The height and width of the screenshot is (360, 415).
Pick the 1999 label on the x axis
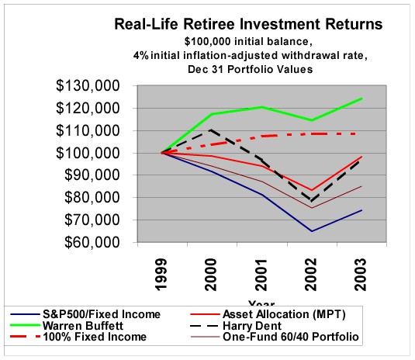click(x=161, y=275)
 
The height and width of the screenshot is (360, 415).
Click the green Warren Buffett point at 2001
click(x=260, y=107)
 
